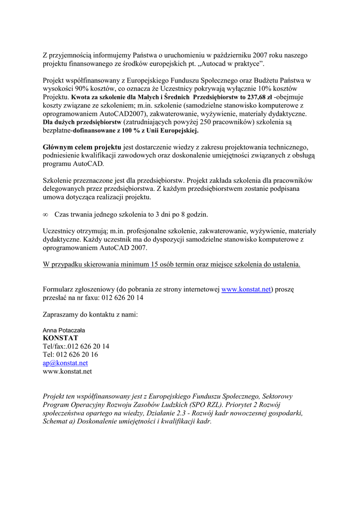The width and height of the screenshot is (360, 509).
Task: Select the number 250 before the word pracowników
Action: pyautogui.click(x=209, y=122)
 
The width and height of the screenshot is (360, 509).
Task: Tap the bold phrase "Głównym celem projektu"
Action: pyautogui.click(x=82, y=147)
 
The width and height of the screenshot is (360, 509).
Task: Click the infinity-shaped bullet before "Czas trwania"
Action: pyautogui.click(x=45, y=215)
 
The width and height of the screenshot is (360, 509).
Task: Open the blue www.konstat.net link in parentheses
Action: pyautogui.click(x=246, y=289)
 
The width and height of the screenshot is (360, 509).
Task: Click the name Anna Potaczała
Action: pyautogui.click(x=64, y=330)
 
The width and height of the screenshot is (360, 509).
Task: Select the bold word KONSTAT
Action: pyautogui.click(x=61, y=338)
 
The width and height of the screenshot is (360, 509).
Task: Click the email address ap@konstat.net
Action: pyautogui.click(x=65, y=363)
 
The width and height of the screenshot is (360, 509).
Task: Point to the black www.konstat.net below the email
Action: pyautogui.click(x=67, y=371)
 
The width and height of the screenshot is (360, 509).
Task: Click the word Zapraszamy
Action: pyautogui.click(x=61, y=314)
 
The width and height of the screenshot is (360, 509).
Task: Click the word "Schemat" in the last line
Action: pyautogui.click(x=56, y=422)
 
